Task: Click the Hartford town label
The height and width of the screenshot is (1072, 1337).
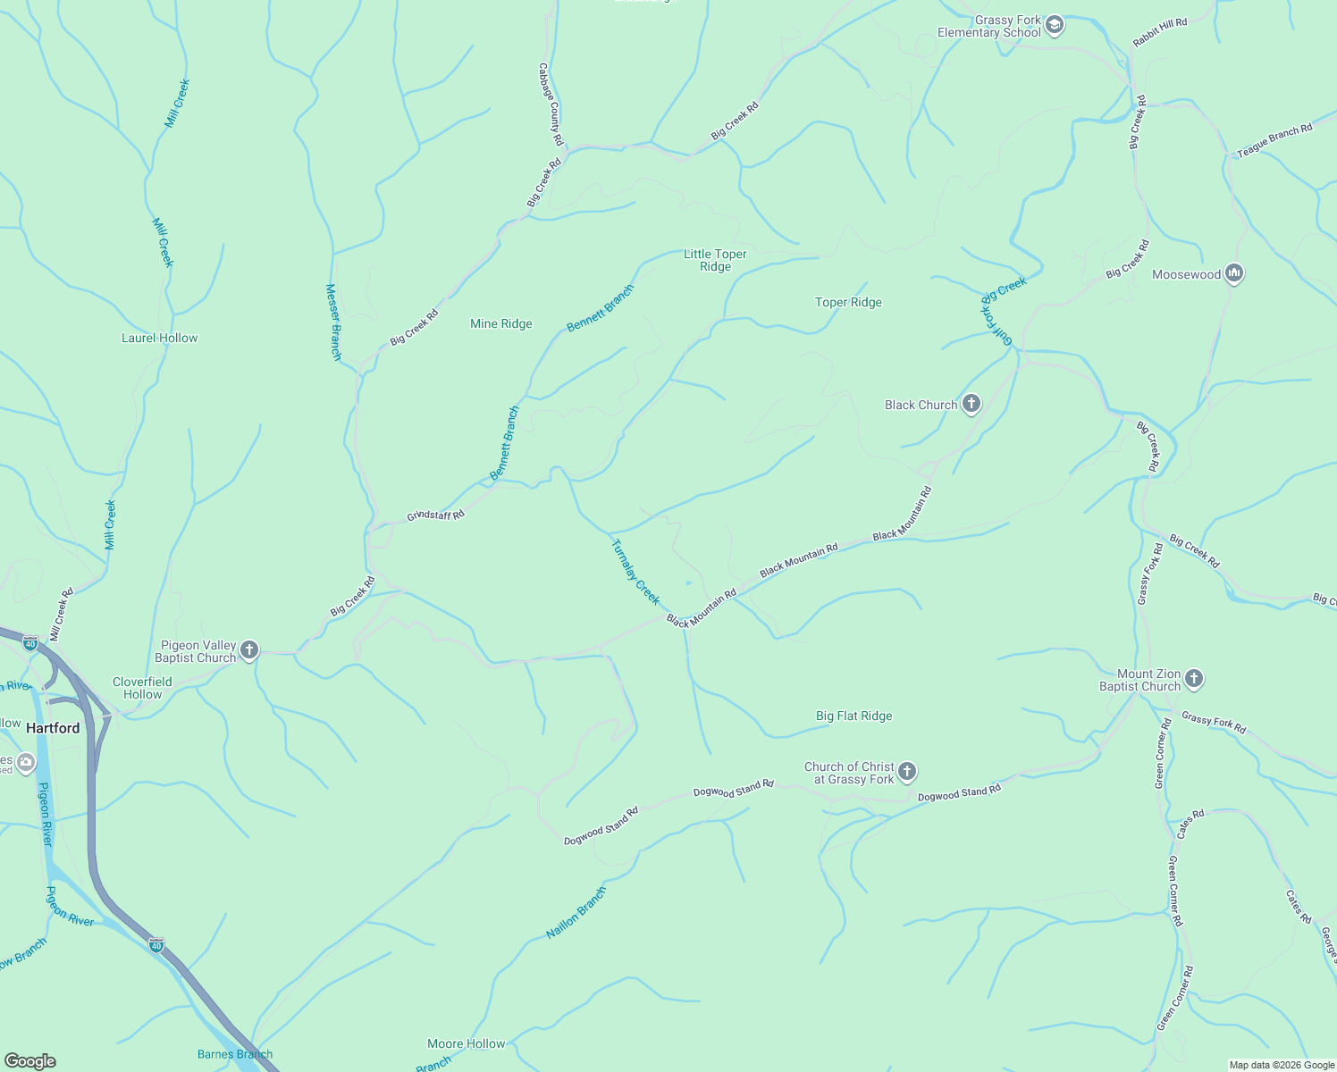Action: (x=53, y=728)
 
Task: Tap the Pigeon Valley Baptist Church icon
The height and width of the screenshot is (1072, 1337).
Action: (x=249, y=650)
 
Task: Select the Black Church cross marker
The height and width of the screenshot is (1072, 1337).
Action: (x=971, y=405)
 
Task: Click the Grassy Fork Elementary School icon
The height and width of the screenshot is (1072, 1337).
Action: (x=1055, y=25)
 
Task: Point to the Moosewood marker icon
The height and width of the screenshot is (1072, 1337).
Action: (x=1234, y=274)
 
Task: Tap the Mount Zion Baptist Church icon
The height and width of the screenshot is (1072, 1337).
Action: (x=1194, y=680)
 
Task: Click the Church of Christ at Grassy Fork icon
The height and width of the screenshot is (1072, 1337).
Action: (x=907, y=772)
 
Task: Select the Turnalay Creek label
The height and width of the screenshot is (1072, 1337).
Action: (x=635, y=572)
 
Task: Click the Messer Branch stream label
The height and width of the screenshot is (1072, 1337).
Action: (x=333, y=322)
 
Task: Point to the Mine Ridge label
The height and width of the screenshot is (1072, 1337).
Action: (x=501, y=324)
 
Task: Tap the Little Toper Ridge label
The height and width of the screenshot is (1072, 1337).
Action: (x=715, y=260)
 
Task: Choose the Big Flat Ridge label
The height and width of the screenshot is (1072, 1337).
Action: (x=853, y=716)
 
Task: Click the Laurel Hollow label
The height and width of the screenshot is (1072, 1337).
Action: (x=160, y=338)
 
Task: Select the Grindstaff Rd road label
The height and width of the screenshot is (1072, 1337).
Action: (x=436, y=515)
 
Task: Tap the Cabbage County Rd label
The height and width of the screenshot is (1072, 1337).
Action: (x=551, y=104)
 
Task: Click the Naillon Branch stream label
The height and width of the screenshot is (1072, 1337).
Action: (x=576, y=912)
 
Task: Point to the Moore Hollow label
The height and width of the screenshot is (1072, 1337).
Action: (x=467, y=1043)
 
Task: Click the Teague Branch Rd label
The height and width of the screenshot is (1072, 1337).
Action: (x=1274, y=140)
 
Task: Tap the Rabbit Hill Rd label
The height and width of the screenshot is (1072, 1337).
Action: (x=1160, y=32)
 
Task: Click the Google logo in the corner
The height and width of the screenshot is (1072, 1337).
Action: (x=30, y=1061)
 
